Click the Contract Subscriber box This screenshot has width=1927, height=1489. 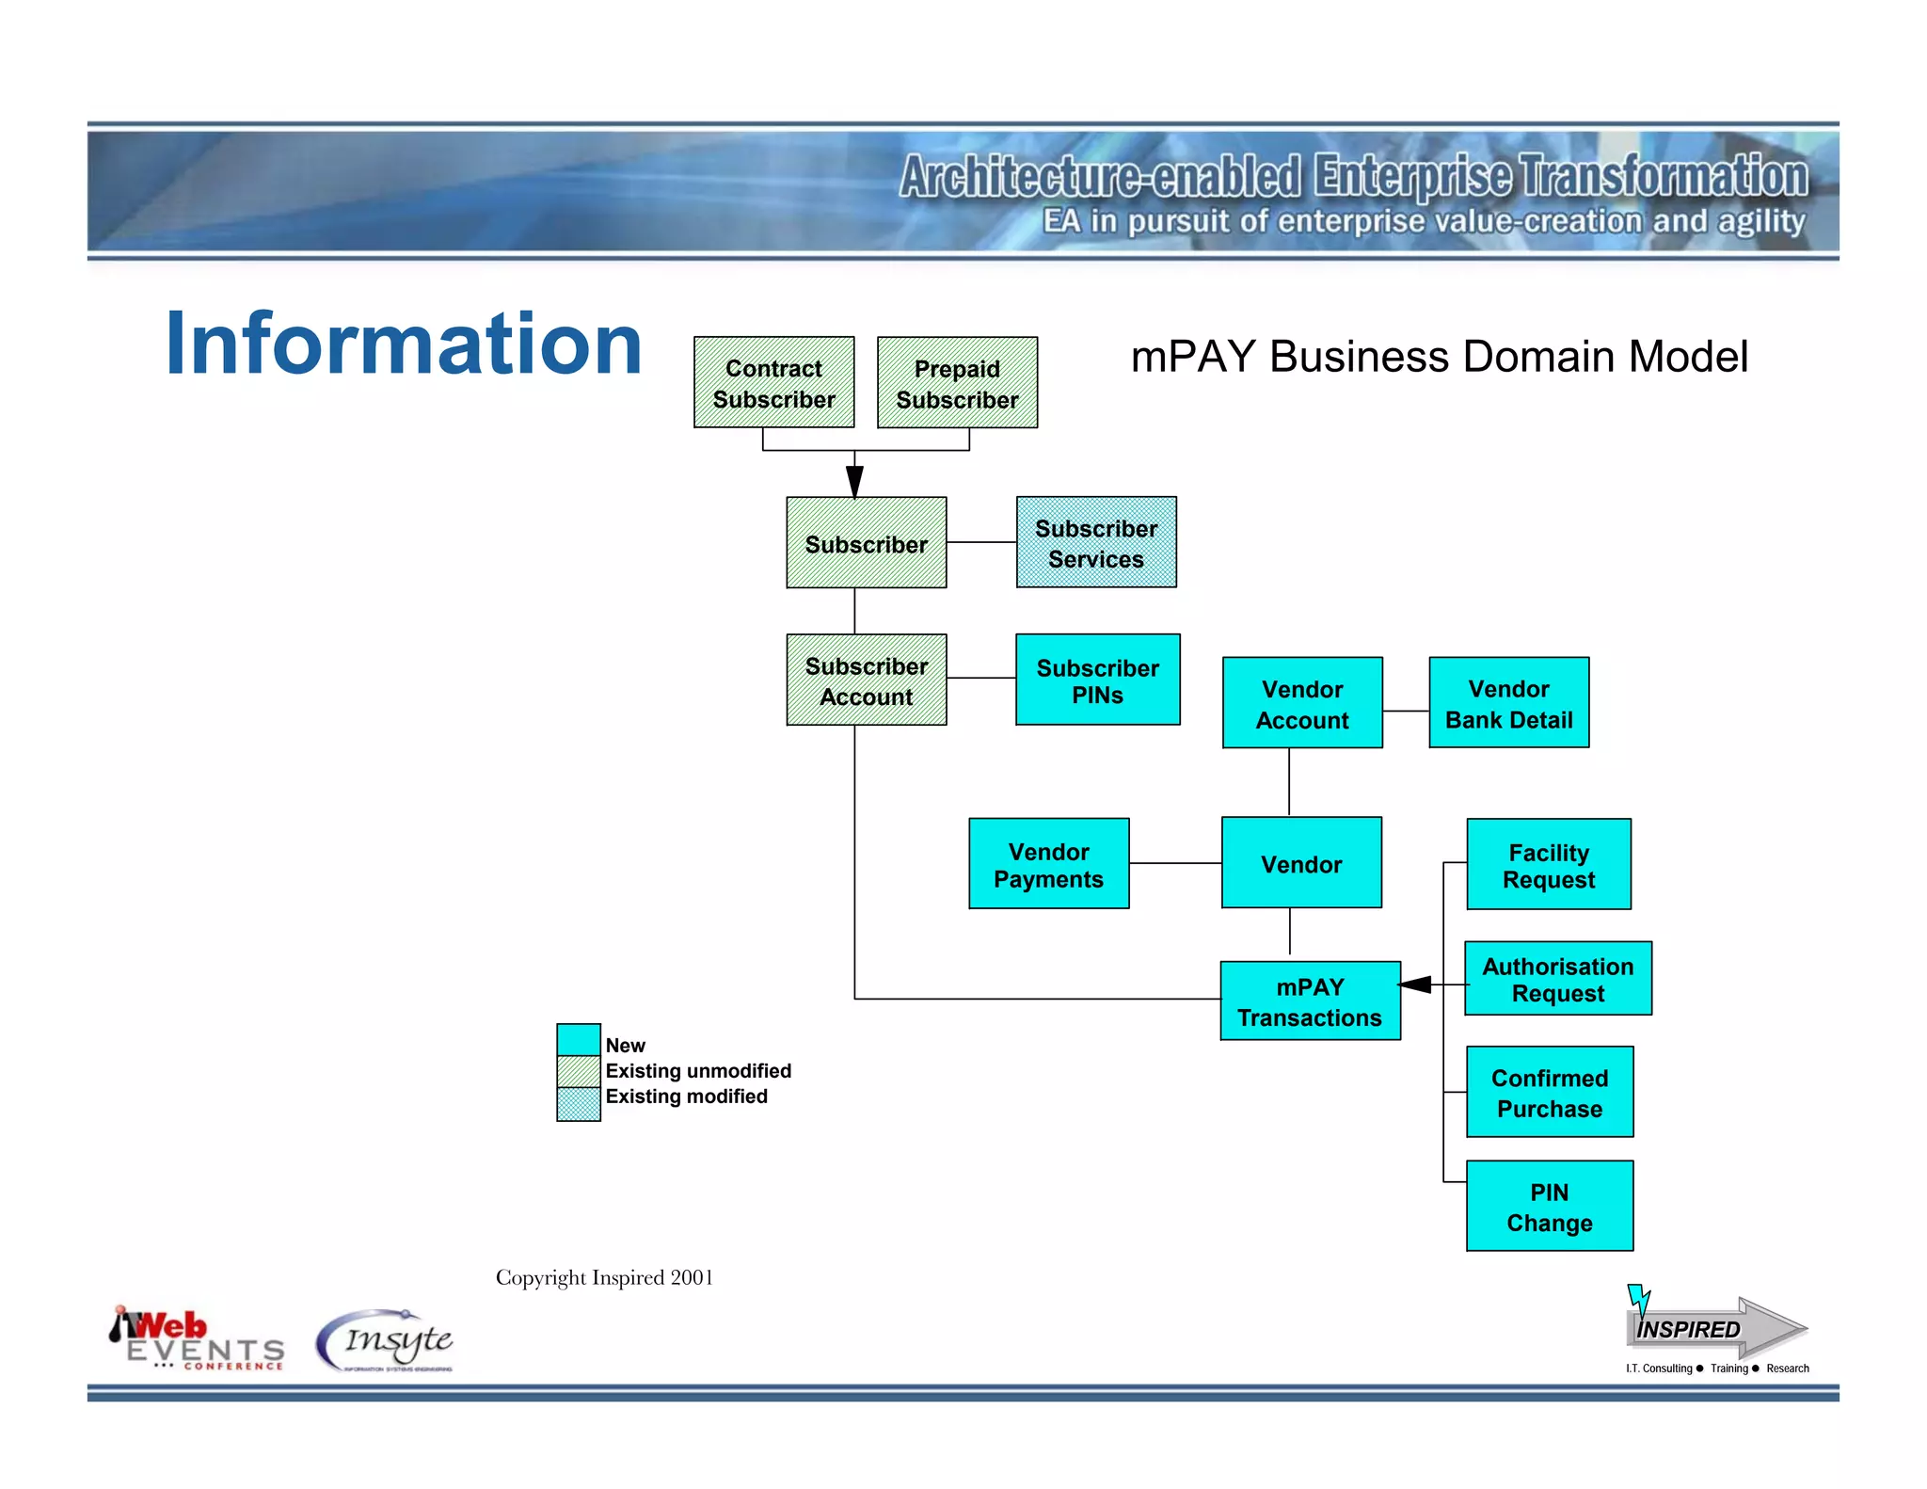pyautogui.click(x=773, y=383)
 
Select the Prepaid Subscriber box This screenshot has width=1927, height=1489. pyautogui.click(x=957, y=383)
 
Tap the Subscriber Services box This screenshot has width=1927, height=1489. pyautogui.click(x=1096, y=543)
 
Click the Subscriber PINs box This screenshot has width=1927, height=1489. pyautogui.click(x=1097, y=680)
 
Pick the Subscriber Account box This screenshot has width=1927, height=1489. pyautogui.click(x=866, y=680)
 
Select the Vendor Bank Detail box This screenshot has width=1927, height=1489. pyautogui.click(x=1508, y=703)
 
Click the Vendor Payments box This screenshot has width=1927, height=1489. pyautogui.click(x=1048, y=864)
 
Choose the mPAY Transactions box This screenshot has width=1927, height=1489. pyautogui.click(x=1310, y=1001)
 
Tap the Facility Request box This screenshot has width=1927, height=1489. pyautogui.click(x=1549, y=865)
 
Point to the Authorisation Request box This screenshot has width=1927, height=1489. pyautogui.click(x=1557, y=979)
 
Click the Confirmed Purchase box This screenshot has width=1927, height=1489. pyautogui.click(x=1549, y=1093)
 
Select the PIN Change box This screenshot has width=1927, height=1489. pyautogui.click(x=1549, y=1207)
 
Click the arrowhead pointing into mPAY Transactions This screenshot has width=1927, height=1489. pyautogui.click(x=1416, y=985)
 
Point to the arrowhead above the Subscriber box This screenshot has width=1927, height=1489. pyautogui.click(x=854, y=481)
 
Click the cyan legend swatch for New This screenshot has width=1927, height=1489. pyautogui.click(x=579, y=1040)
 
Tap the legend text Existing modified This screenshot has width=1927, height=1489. pyautogui.click(x=686, y=1097)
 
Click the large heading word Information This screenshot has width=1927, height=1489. pyautogui.click(x=403, y=344)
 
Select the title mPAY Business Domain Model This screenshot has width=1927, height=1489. pyautogui.click(x=1439, y=358)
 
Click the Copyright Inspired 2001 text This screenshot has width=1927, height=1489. pyautogui.click(x=604, y=1277)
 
